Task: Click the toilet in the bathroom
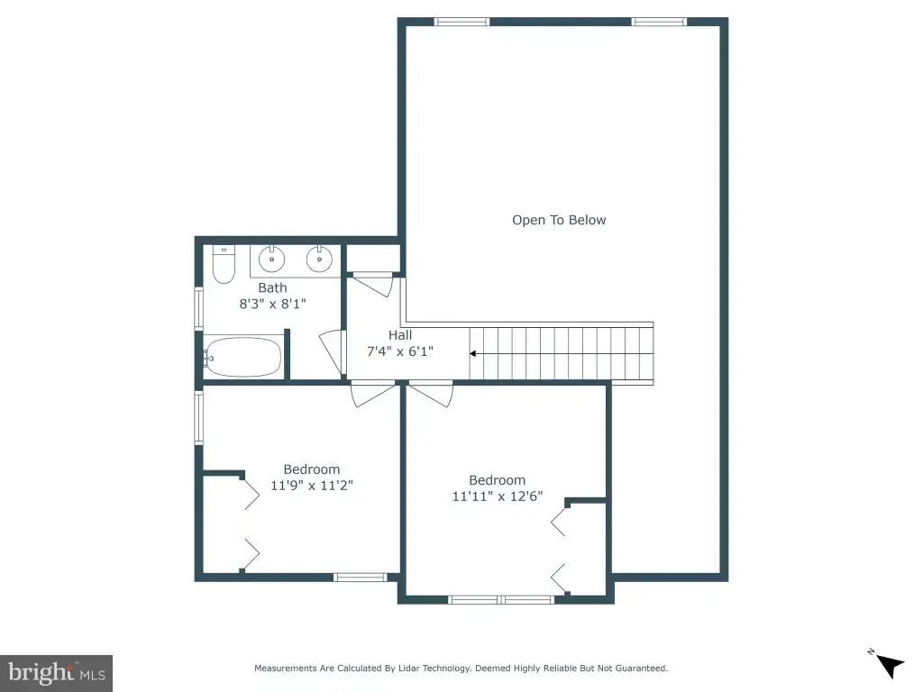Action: point(224,264)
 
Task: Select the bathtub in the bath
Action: point(243,357)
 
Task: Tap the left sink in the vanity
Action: point(271,259)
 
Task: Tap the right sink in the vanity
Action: point(319,259)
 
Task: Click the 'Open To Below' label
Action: point(559,220)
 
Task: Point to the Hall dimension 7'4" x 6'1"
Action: point(400,351)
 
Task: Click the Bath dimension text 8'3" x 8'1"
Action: point(272,304)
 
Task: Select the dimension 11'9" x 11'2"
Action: point(311,486)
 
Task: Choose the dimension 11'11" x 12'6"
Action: point(498,496)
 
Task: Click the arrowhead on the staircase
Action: point(472,353)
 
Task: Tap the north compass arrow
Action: point(890,666)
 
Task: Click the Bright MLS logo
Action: point(57,673)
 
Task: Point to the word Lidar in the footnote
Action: point(409,668)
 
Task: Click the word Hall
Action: point(400,335)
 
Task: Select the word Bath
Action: point(272,287)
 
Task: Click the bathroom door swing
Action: point(332,352)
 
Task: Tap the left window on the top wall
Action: point(462,22)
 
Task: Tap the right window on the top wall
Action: point(659,22)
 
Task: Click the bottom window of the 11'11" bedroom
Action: point(501,599)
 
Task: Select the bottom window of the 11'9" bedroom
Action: point(361,578)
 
